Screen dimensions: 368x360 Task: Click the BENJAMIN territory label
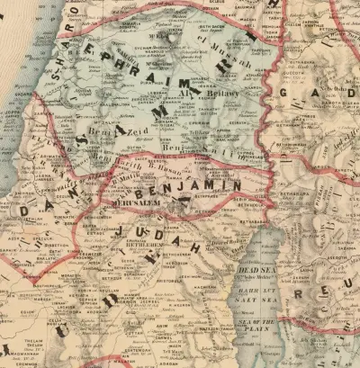coord(206,186)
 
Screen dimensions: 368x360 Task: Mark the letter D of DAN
coord(24,211)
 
